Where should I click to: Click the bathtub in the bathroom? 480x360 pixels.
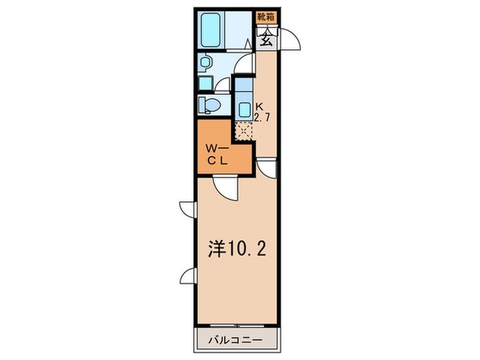(x=211, y=29)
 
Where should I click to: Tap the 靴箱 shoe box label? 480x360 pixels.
(x=266, y=17)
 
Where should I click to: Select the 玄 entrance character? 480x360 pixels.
(x=266, y=39)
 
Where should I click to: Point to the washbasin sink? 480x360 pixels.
(x=204, y=62)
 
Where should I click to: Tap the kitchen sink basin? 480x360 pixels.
(x=245, y=109)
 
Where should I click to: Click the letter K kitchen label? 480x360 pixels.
(x=259, y=107)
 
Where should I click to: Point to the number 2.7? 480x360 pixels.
(x=262, y=117)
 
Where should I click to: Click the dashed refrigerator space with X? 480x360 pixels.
(x=244, y=131)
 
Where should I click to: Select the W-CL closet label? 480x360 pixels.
(x=217, y=155)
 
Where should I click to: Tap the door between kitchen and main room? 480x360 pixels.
(x=267, y=169)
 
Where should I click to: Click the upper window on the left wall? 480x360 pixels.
(x=187, y=209)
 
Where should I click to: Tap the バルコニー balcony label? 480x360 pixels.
(x=236, y=340)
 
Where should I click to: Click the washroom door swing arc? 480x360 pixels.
(x=244, y=63)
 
